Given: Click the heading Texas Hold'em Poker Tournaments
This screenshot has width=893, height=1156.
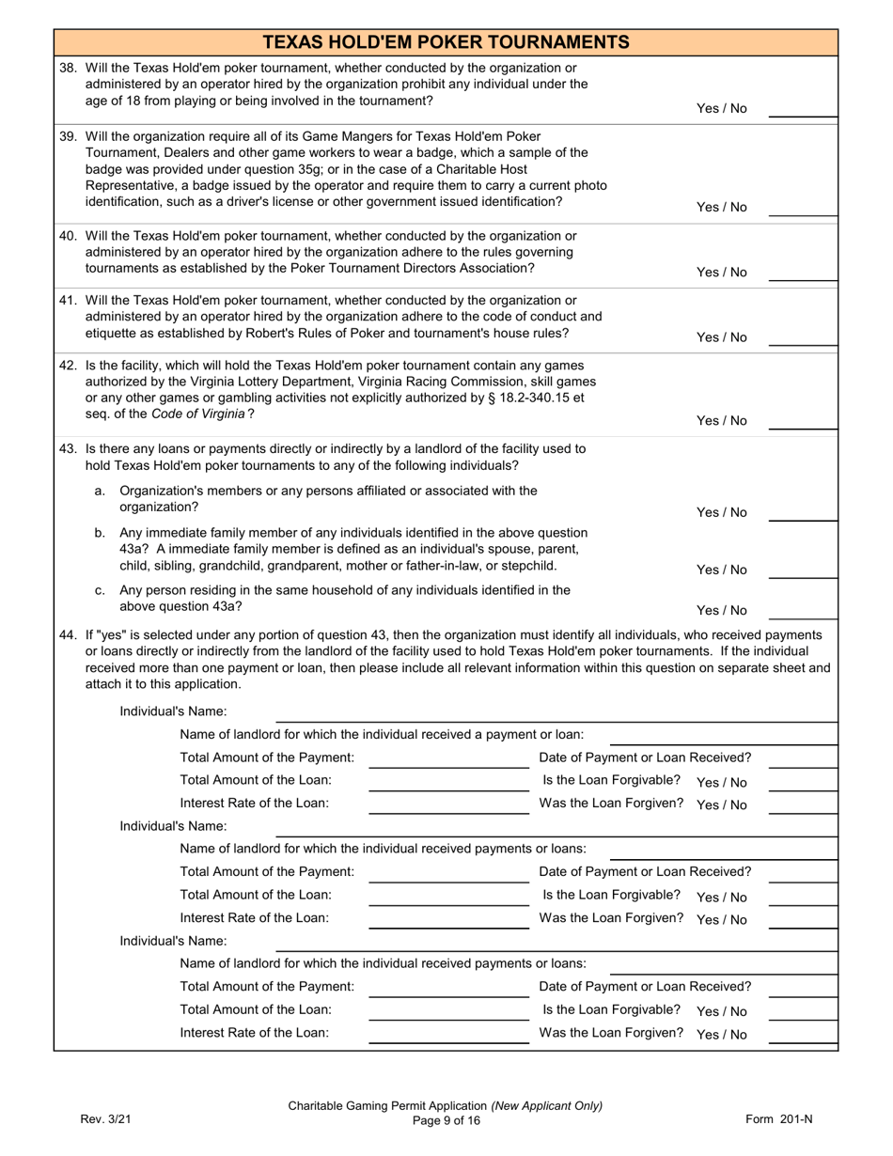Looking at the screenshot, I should point(446,42).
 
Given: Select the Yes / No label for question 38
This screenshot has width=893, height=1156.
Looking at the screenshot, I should point(721,108).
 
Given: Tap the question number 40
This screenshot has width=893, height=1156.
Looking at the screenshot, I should point(69,236).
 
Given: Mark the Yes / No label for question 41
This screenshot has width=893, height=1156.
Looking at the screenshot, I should point(721,337).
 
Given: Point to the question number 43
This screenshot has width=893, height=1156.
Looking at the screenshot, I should point(69,449).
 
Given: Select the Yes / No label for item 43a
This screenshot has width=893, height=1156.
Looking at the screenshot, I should point(721,512).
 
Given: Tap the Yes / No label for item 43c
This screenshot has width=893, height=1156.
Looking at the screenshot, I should point(721,610).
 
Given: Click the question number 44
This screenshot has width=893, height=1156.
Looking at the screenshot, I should point(69,635).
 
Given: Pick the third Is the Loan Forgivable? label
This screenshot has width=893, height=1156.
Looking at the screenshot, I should point(611,1010).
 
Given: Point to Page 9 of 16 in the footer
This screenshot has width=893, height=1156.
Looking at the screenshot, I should point(446,1119).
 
